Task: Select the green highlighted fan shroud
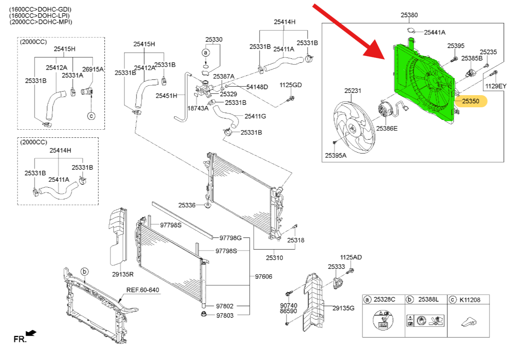pos(422,81)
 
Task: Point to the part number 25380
pos(409,15)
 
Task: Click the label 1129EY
pos(495,86)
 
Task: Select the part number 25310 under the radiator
pos(274,258)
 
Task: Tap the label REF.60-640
pos(142,290)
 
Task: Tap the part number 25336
pos(187,205)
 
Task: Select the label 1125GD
pos(291,85)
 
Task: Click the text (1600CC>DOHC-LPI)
pos(40,15)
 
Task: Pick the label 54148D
pos(257,87)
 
